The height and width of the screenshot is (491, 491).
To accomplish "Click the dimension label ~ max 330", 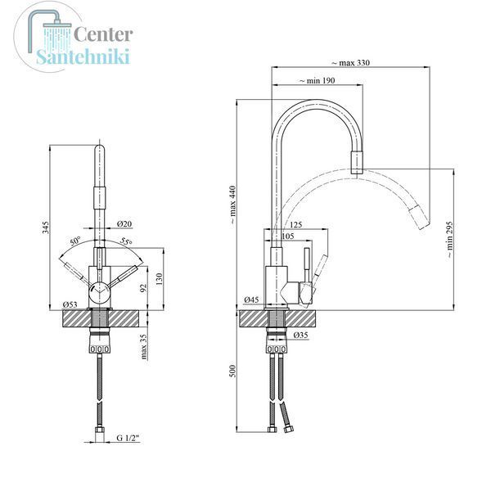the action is pyautogui.click(x=351, y=63).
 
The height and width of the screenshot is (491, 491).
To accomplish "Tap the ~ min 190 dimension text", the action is pyautogui.click(x=318, y=81).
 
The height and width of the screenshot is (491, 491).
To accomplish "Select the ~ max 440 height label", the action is pyautogui.click(x=232, y=205).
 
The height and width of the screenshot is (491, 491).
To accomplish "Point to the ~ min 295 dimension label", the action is pyautogui.click(x=449, y=240).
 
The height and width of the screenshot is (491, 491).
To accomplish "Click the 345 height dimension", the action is pyautogui.click(x=46, y=227).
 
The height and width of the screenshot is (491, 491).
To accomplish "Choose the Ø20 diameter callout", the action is pyautogui.click(x=124, y=223).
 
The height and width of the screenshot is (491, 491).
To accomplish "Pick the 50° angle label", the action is pyautogui.click(x=75, y=241).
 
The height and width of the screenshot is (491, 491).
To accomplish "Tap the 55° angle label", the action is pyautogui.click(x=127, y=241).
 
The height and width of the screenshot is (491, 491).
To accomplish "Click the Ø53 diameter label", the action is pyautogui.click(x=70, y=304).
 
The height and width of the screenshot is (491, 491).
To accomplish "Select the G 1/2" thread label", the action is pyautogui.click(x=128, y=438).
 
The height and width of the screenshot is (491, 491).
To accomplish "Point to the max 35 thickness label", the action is pyautogui.click(x=144, y=347).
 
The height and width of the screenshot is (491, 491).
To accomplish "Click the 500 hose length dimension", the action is pyautogui.click(x=232, y=371).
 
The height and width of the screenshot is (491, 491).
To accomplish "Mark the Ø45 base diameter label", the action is pyautogui.click(x=252, y=300).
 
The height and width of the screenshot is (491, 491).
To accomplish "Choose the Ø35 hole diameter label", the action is pyautogui.click(x=301, y=335).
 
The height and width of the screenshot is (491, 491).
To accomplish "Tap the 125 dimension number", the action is pyautogui.click(x=296, y=224).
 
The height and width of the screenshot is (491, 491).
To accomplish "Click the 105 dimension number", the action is pyautogui.click(x=288, y=236).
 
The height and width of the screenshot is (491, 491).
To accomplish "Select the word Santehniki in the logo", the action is pyautogui.click(x=83, y=56).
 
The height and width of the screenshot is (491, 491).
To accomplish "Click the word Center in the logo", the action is pyautogui.click(x=103, y=34).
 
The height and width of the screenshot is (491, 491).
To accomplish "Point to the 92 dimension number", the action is pyautogui.click(x=143, y=288).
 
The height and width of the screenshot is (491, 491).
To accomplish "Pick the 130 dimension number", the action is pyautogui.click(x=160, y=279).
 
